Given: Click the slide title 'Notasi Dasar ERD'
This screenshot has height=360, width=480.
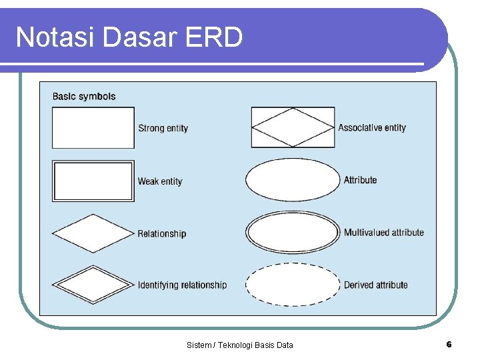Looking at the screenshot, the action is coord(129,37).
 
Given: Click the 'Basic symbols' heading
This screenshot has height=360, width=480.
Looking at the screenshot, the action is coord(84,96).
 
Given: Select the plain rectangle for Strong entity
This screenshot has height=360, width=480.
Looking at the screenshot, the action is coord(93,127).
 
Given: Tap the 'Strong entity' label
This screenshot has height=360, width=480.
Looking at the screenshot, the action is coord(163,128).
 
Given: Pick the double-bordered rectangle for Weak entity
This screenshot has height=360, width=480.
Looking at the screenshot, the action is coord(93,181).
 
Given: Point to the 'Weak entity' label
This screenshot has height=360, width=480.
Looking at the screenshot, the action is coord(160,181).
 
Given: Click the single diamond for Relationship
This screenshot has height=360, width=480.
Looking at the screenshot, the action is coord(93,233).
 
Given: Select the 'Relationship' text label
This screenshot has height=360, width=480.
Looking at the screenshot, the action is coord(162,233).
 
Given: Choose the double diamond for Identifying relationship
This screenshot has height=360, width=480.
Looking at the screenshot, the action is coord(93,285).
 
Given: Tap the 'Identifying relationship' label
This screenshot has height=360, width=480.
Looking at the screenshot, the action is coord(182,285).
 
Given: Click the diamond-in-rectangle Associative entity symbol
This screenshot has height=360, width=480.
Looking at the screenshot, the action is coord(293,127).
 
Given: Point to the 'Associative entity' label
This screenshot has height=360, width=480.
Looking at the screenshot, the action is coord(372,127).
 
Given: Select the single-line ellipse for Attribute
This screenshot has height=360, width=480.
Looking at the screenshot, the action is coord(293,180).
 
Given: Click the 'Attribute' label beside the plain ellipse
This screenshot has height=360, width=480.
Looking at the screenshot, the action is coord(360,180).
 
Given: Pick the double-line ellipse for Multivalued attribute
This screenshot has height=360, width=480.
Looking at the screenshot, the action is coord(293,233).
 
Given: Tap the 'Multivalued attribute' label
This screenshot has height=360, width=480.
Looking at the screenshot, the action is coord(383,233).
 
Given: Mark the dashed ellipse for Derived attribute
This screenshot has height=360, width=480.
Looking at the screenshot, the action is coord(293,285).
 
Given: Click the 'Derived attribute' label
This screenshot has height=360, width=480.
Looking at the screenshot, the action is coord(375,285).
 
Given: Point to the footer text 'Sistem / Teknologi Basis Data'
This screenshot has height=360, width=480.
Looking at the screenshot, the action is coord(240,345).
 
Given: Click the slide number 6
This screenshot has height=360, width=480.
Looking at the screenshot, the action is coord(449,344).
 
